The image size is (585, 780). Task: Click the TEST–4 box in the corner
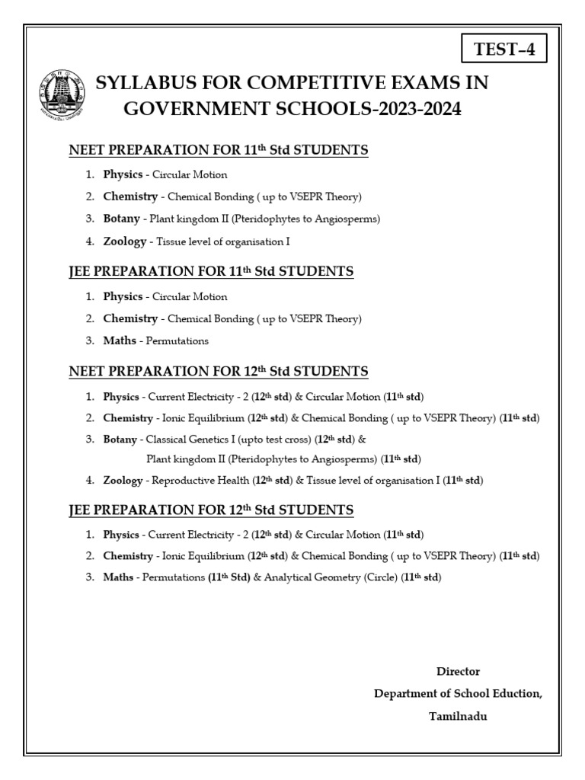[x=505, y=51]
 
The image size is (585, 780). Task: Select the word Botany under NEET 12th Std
[x=120, y=440]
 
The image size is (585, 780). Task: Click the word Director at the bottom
[x=458, y=671]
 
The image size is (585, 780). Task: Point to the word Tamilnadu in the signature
[x=458, y=717]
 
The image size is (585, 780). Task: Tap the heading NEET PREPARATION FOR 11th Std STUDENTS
[x=219, y=150]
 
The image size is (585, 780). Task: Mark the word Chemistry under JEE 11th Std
[x=130, y=318]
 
